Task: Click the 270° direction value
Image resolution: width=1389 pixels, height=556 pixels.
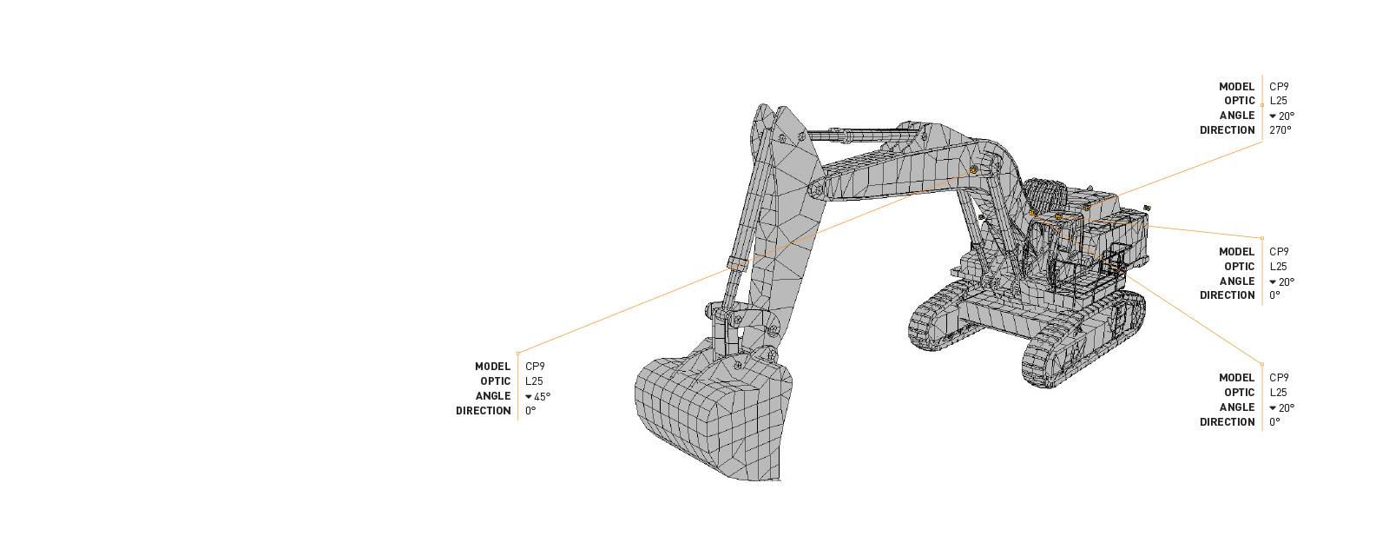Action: [1280, 130]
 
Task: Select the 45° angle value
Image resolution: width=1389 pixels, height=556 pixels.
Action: [542, 396]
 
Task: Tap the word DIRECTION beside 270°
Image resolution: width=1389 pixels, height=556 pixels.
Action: [1227, 130]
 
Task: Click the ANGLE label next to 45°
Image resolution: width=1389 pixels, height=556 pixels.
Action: [492, 396]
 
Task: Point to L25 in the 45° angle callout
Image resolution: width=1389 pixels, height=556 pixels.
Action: [534, 381]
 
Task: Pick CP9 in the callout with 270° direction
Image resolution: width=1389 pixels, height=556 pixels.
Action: [1279, 87]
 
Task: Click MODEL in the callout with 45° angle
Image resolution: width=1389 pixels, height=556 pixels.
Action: [492, 367]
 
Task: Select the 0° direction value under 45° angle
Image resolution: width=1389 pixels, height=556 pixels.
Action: [530, 411]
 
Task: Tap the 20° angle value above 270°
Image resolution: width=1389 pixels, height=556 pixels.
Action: [1286, 116]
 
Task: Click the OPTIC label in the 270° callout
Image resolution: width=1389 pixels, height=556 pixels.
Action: [1239, 101]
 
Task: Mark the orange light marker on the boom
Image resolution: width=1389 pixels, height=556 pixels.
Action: [974, 170]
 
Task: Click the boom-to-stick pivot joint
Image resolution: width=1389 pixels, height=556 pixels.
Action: [817, 189]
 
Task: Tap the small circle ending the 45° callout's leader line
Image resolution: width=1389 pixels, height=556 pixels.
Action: [518, 354]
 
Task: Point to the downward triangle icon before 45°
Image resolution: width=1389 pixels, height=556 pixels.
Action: [529, 397]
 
